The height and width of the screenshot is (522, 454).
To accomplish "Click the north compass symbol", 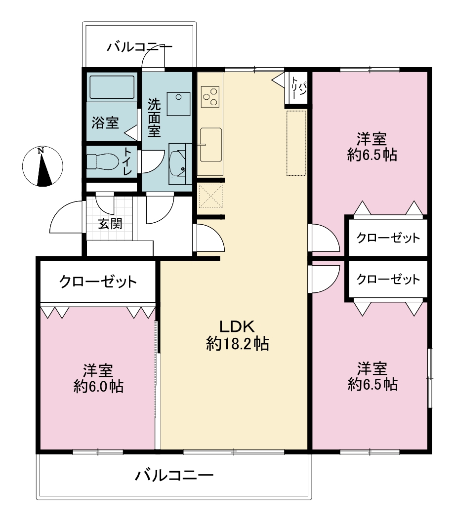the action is tap(42, 166).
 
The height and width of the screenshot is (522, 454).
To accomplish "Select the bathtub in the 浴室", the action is tap(112, 87).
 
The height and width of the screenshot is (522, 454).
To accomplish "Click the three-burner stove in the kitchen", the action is tap(210, 97).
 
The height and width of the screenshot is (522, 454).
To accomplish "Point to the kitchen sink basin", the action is tap(211, 145).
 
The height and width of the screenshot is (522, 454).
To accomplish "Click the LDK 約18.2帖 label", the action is tap(238, 335).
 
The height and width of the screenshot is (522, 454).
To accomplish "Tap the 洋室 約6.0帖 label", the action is tap(98, 378).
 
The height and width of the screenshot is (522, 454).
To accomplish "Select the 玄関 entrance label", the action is tap(110, 224).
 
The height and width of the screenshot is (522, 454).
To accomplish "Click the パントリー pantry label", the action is tap(298, 88).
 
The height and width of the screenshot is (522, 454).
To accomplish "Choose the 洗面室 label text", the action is tap(154, 118).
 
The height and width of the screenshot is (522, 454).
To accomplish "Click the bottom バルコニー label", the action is tap(174, 475).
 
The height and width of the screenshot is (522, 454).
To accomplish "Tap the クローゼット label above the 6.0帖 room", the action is tap(98, 282).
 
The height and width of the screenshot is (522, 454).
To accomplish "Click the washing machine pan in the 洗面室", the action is tap(178, 104).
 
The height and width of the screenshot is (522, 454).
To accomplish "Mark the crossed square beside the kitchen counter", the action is tap(210, 197).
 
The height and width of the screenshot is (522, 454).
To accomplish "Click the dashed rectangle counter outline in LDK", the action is tap(296, 143).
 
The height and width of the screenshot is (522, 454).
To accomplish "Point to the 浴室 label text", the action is tap(105, 122).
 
